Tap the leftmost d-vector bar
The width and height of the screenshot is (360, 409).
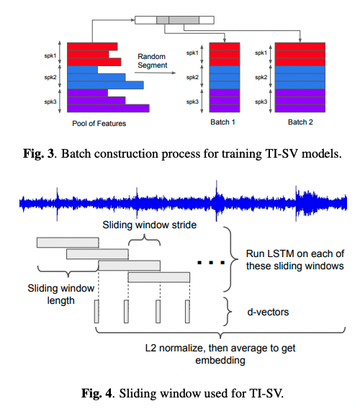click(96, 312)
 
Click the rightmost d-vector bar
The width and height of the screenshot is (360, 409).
click(187, 312)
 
